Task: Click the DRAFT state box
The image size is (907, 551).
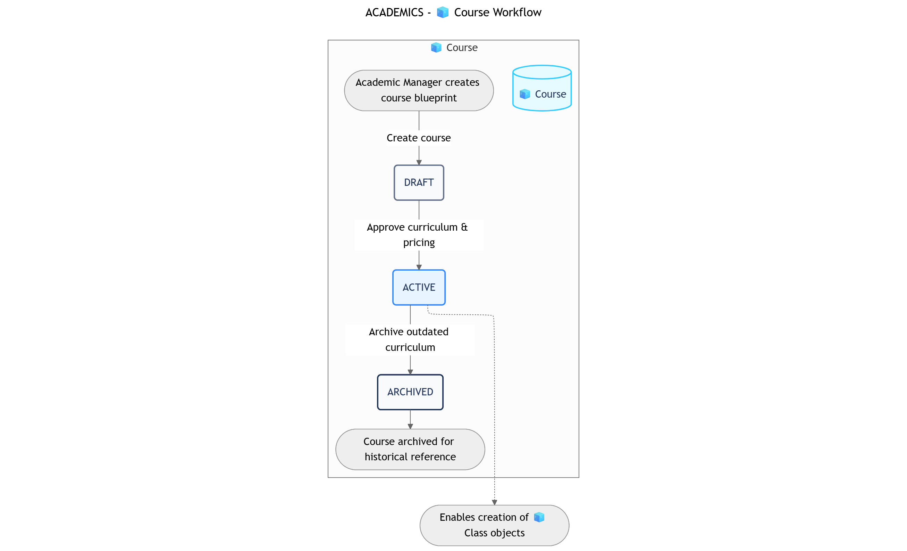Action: pyautogui.click(x=419, y=183)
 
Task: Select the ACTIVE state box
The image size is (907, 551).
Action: pyautogui.click(x=419, y=287)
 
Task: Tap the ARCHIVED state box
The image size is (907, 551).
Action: pyautogui.click(x=410, y=392)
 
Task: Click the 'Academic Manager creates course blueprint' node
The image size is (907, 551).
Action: pyautogui.click(x=419, y=90)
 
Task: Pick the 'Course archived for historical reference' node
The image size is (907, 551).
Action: pyautogui.click(x=410, y=449)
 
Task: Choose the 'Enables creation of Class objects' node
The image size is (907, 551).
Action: pyautogui.click(x=494, y=525)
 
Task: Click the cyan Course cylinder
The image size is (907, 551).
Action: pyautogui.click(x=542, y=88)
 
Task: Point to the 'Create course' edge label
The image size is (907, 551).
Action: pyautogui.click(x=419, y=138)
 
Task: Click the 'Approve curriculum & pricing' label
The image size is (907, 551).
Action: pyautogui.click(x=419, y=235)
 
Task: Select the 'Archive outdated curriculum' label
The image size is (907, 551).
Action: pyautogui.click(x=410, y=339)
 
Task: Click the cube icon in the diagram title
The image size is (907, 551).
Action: pyautogui.click(x=443, y=13)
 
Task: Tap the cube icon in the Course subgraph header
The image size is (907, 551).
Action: pyautogui.click(x=436, y=48)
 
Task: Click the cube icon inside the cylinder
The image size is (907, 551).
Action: pyautogui.click(x=524, y=94)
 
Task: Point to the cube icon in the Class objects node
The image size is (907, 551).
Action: pyautogui.click(x=539, y=517)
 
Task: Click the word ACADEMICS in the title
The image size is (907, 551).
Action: pyautogui.click(x=394, y=13)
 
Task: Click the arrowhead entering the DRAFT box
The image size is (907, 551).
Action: pyautogui.click(x=419, y=163)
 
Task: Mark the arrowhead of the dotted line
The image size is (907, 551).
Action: pyautogui.click(x=494, y=502)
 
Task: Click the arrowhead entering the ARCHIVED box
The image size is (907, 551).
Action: pyautogui.click(x=410, y=372)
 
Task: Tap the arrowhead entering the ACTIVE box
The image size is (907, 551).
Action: pyautogui.click(x=419, y=268)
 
